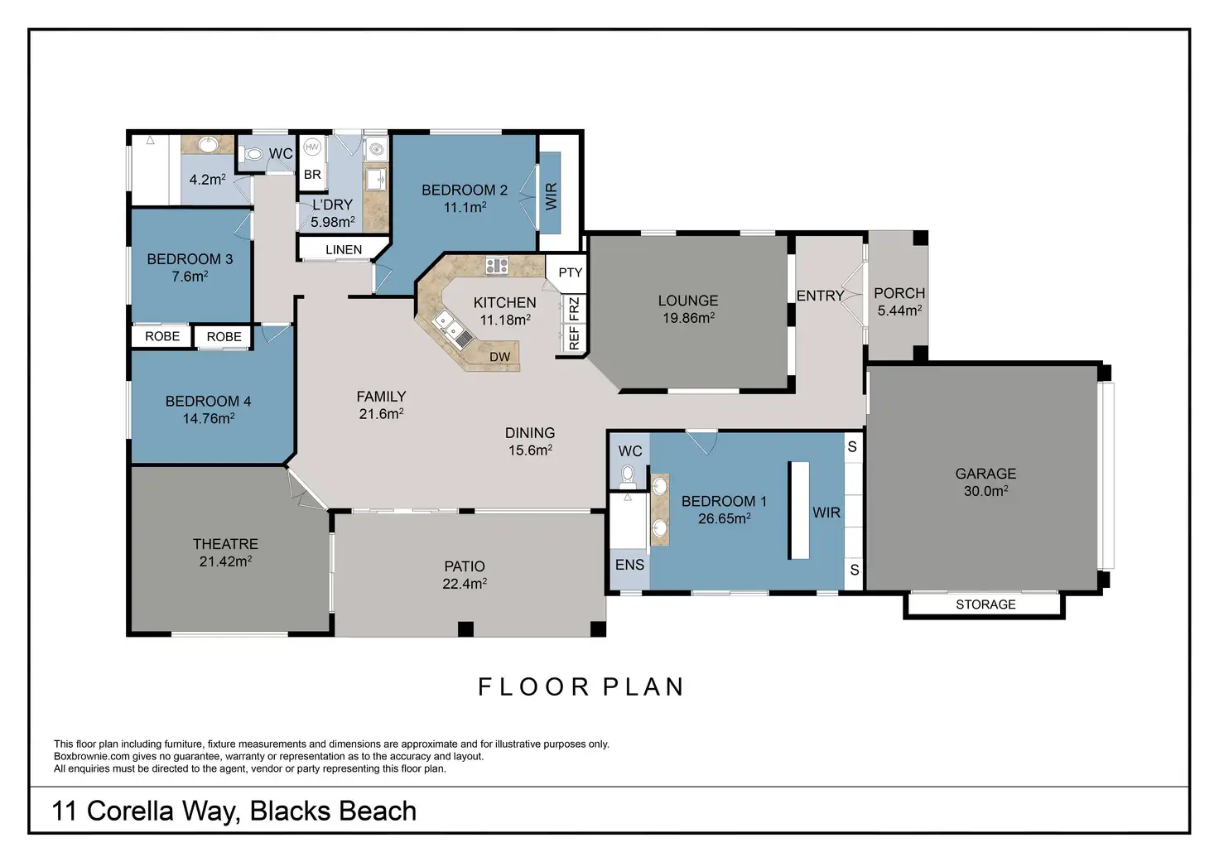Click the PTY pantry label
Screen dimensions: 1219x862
(x=571, y=272)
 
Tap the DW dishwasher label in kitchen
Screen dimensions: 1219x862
(x=499, y=357)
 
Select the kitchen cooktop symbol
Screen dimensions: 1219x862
(x=497, y=266)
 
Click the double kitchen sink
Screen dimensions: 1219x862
(x=453, y=329)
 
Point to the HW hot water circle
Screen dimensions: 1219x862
(x=312, y=147)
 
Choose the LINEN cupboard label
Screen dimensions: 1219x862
(x=344, y=250)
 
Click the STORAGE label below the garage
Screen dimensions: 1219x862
(x=985, y=604)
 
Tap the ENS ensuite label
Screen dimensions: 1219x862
(x=629, y=565)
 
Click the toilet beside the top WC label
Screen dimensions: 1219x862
(x=253, y=154)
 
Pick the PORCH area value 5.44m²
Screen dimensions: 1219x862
(x=899, y=311)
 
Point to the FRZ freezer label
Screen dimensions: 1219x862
(x=574, y=309)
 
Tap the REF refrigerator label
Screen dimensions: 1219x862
(x=574, y=338)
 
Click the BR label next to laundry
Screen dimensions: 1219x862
(x=312, y=175)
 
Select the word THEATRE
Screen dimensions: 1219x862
(x=225, y=544)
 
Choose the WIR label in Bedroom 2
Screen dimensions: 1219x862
(x=552, y=196)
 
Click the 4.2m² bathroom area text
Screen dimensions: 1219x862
(x=207, y=179)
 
